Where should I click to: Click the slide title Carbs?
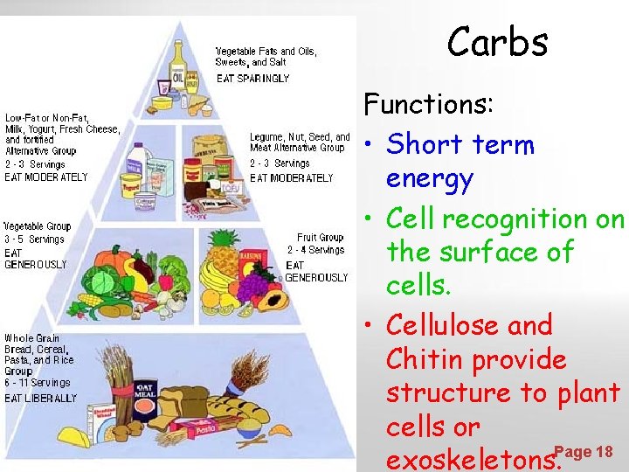497,41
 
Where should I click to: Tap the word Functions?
429,104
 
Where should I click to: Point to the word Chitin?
426,359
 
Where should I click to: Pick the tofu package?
228,185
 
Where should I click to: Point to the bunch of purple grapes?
253,284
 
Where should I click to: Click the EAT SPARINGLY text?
252,79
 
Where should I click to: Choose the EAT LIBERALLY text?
40,398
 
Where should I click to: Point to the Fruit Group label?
319,237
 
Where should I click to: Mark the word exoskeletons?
470,459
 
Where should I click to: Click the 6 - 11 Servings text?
37,382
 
